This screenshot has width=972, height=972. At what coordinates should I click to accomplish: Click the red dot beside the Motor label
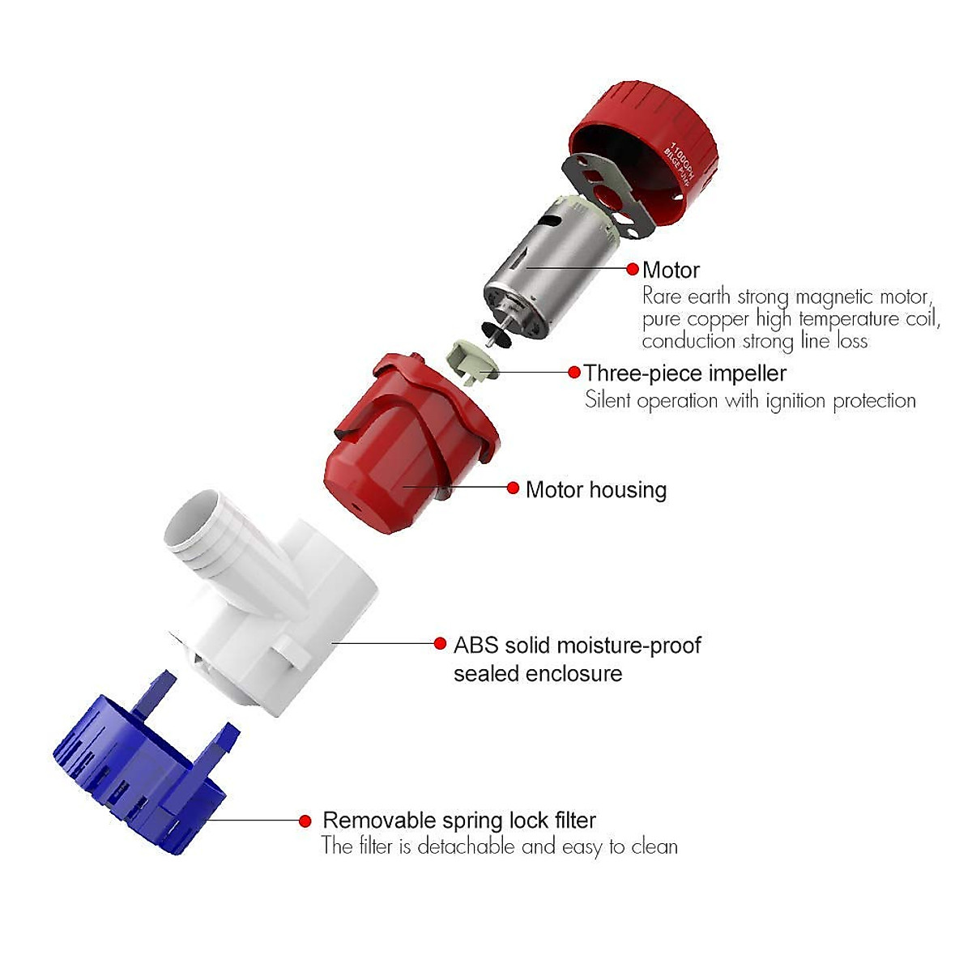[x=633, y=269]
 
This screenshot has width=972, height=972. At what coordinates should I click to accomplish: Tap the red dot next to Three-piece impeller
[x=574, y=373]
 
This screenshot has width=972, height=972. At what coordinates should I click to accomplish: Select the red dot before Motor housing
[x=513, y=488]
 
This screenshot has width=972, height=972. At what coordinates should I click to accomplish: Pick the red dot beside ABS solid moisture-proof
[x=440, y=644]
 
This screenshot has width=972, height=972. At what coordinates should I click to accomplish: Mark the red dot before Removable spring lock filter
[x=305, y=821]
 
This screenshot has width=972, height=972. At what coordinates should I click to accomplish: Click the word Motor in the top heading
[x=671, y=270]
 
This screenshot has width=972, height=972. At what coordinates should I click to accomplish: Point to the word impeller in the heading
[x=747, y=373]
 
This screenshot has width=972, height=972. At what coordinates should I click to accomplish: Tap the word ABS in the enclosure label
[x=475, y=646]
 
